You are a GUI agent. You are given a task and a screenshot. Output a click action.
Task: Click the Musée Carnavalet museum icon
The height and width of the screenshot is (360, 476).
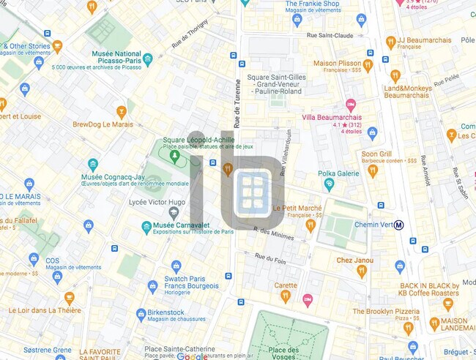pyautogui.click(x=146, y=227)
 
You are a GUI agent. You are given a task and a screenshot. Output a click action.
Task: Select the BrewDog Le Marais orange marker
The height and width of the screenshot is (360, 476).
pyautogui.click(x=122, y=112)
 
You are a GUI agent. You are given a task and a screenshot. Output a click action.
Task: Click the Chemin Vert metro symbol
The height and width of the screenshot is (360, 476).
pyautogui.click(x=399, y=225)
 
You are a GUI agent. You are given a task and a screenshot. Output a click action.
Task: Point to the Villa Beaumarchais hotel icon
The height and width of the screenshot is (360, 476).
pyautogui.click(x=350, y=105)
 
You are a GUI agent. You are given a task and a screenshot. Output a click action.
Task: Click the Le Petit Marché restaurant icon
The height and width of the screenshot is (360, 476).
pyautogui.click(x=310, y=225)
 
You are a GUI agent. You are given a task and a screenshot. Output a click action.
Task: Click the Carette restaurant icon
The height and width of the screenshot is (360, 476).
pyautogui.click(x=286, y=296)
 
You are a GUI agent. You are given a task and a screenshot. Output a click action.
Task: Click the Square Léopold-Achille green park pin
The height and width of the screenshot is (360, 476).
pyautogui.click(x=174, y=155)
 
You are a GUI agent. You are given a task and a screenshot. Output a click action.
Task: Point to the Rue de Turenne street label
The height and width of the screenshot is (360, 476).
pyautogui.click(x=237, y=102)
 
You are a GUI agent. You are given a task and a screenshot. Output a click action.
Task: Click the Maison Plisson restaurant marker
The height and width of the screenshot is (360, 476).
pyautogui.click(x=368, y=65)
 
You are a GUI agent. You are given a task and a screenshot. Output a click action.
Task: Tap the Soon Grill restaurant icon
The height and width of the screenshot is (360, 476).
pyautogui.click(x=372, y=170)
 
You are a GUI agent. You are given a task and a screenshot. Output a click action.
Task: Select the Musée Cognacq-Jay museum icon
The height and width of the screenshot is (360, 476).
pyautogui.click(x=93, y=165)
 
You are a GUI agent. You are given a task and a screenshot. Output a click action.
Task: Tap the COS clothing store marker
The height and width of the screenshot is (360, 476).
pyautogui.click(x=34, y=259)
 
